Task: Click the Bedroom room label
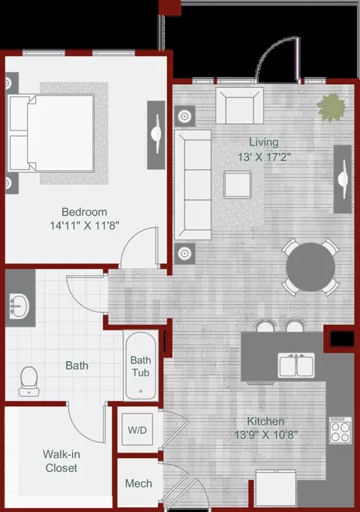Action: (x=84, y=212)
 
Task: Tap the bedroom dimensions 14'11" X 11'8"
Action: (x=85, y=225)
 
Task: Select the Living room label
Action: (x=264, y=143)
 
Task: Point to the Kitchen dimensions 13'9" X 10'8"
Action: (x=266, y=435)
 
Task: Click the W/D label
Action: (x=137, y=430)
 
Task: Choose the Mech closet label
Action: (x=139, y=483)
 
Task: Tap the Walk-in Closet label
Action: (x=61, y=461)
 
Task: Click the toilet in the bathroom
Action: (x=28, y=381)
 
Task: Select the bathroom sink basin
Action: (x=19, y=306)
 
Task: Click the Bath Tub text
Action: (x=140, y=366)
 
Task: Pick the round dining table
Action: (x=310, y=267)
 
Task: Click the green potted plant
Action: (x=331, y=107)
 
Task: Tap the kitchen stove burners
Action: (x=340, y=430)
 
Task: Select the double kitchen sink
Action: (x=296, y=366)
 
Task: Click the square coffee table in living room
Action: (x=238, y=185)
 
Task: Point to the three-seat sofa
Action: (x=193, y=185)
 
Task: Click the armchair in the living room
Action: (x=240, y=105)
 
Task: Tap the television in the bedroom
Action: (x=156, y=135)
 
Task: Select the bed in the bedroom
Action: (x=51, y=133)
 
